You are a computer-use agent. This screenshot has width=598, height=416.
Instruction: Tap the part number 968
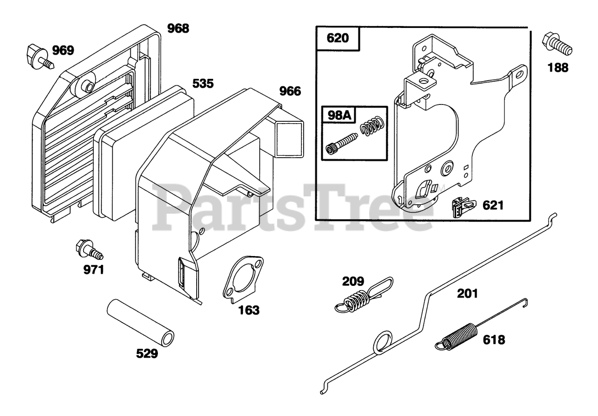pyautogui.click(x=178, y=28)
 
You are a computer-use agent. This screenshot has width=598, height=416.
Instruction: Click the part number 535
pyautogui.click(x=203, y=84)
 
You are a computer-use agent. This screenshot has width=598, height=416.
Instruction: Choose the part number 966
pyautogui.click(x=290, y=91)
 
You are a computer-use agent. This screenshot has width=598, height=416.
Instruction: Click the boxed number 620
pyautogui.click(x=338, y=38)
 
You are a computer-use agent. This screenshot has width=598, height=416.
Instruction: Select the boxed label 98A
pyautogui.click(x=338, y=113)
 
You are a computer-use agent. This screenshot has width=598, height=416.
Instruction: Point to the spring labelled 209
pyautogui.click(x=363, y=296)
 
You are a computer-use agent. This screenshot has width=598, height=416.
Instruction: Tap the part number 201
pyautogui.click(x=468, y=293)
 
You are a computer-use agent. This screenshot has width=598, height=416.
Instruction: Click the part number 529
pyautogui.click(x=147, y=354)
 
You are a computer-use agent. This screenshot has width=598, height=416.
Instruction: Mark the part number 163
pyautogui.click(x=249, y=310)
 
